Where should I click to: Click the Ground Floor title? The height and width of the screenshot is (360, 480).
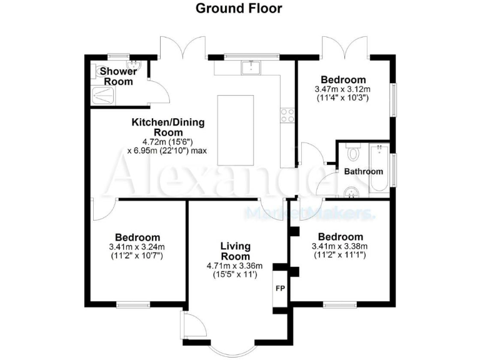pos(239,8)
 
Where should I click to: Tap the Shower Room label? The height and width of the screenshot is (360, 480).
pos(117,77)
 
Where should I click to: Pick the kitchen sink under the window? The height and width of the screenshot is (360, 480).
pos(253,66)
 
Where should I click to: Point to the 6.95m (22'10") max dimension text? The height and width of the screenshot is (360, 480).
pos(168,151)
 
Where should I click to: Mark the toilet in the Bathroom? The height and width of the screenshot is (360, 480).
pos(353,152)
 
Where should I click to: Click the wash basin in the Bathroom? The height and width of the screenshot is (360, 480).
pos(352,192)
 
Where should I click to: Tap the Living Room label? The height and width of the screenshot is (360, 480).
pos(235,251)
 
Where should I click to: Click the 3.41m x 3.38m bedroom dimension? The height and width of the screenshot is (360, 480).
pos(340,246)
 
